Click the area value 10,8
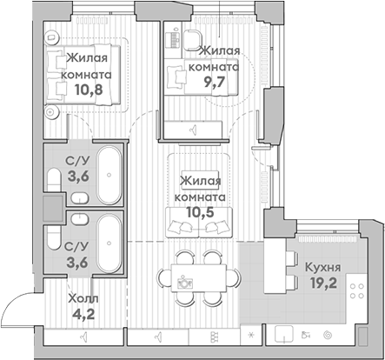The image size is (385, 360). (x=89, y=90)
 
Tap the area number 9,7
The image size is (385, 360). (x=215, y=83)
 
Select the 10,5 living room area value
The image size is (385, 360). (x=200, y=212)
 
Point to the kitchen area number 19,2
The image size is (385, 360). (x=323, y=283)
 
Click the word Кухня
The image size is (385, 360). (x=322, y=267)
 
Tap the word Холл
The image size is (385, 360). (x=83, y=298)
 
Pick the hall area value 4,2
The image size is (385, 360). (x=84, y=314)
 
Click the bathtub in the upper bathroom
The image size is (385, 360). (x=109, y=175)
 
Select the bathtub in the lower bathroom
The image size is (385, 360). (x=109, y=243)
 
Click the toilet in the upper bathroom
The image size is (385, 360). (x=53, y=180)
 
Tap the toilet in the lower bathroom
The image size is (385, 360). (x=53, y=237)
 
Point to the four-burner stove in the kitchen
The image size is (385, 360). (x=357, y=291)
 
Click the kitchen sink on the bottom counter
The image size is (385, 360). (x=284, y=334)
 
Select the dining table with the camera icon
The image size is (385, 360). (x=198, y=278)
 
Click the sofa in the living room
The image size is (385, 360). (x=199, y=222)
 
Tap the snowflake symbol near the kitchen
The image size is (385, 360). (x=251, y=336)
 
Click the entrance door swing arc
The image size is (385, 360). (x=15, y=302)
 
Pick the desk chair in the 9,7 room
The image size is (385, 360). (x=192, y=40)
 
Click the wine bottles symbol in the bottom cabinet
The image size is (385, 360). (x=214, y=336)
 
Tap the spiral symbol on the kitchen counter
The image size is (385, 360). (x=328, y=336)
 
